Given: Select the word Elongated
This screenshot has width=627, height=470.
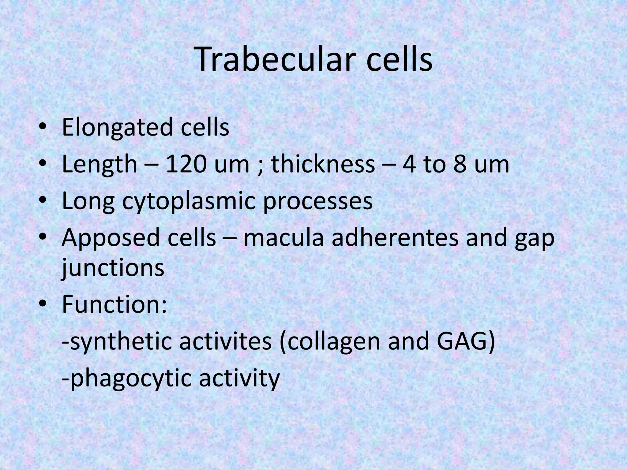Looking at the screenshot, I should point(117,128).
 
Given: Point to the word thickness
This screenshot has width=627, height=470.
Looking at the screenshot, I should point(323,165).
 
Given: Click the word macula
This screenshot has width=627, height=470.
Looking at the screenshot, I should point(283,238).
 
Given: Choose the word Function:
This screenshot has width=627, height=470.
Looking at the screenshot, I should point(114,305).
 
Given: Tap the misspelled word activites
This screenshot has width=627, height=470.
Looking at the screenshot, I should point(225,341).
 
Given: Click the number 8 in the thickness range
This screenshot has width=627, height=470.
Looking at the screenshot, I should point(459,165).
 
